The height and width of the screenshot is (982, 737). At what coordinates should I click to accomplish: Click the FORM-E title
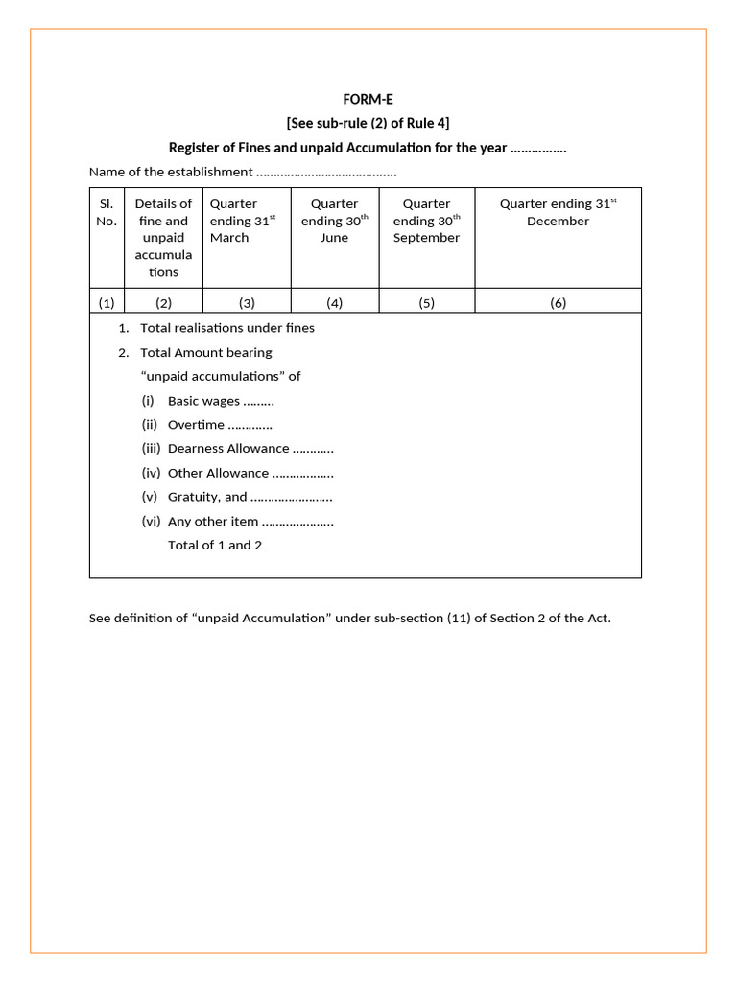(368, 99)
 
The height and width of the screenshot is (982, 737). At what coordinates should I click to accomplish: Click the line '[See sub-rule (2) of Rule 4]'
(368, 123)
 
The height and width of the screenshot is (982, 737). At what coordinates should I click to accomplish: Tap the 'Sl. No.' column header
(107, 212)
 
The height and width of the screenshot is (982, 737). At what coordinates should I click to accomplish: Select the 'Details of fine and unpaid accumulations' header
(163, 238)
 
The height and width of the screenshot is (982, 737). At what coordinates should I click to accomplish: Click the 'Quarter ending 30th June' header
(334, 221)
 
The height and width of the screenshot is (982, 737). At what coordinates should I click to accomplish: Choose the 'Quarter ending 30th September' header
(426, 221)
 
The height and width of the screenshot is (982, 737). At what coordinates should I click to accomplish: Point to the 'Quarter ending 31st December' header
(558, 212)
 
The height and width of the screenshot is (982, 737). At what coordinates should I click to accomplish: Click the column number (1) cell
(107, 303)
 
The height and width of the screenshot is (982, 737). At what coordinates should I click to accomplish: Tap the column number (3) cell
(247, 303)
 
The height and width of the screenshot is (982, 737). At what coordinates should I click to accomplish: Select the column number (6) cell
(558, 303)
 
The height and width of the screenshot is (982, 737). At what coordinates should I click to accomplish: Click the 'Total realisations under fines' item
(226, 328)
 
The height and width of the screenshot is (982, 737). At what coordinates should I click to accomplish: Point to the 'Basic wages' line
(220, 401)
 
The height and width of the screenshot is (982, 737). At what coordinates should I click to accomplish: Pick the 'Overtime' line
(219, 425)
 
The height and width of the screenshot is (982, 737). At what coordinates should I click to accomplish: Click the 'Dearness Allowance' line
(250, 449)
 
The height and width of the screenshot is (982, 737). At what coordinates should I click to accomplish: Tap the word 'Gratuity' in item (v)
(194, 497)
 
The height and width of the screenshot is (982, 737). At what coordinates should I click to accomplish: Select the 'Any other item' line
(250, 522)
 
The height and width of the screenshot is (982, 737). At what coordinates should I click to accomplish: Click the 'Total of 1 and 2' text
(215, 546)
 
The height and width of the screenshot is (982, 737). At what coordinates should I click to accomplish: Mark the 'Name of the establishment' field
(242, 173)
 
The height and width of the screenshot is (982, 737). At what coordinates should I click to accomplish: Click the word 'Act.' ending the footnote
(598, 618)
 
